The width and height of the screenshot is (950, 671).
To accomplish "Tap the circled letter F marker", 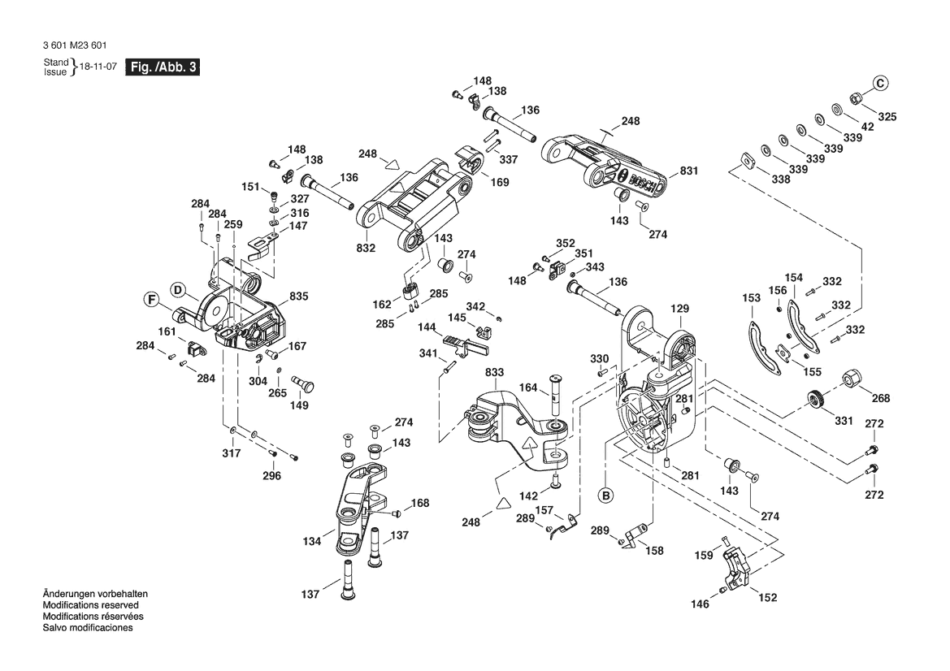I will click(151, 301).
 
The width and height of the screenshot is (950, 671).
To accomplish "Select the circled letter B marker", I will click(605, 495).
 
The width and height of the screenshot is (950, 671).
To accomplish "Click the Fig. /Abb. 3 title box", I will click(162, 67).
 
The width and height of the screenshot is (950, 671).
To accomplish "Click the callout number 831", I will click(689, 171).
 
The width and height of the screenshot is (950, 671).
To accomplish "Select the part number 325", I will click(887, 117).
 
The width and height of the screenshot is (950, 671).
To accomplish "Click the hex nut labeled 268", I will click(853, 379).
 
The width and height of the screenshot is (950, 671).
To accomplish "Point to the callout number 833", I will click(494, 372).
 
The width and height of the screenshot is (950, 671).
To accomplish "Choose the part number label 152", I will click(767, 597).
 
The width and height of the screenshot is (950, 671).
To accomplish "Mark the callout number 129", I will click(679, 309).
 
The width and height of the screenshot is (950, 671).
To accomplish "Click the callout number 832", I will click(366, 248).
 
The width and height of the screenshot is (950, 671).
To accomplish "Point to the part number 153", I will click(751, 298).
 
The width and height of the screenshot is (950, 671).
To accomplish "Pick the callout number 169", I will click(500, 182).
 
